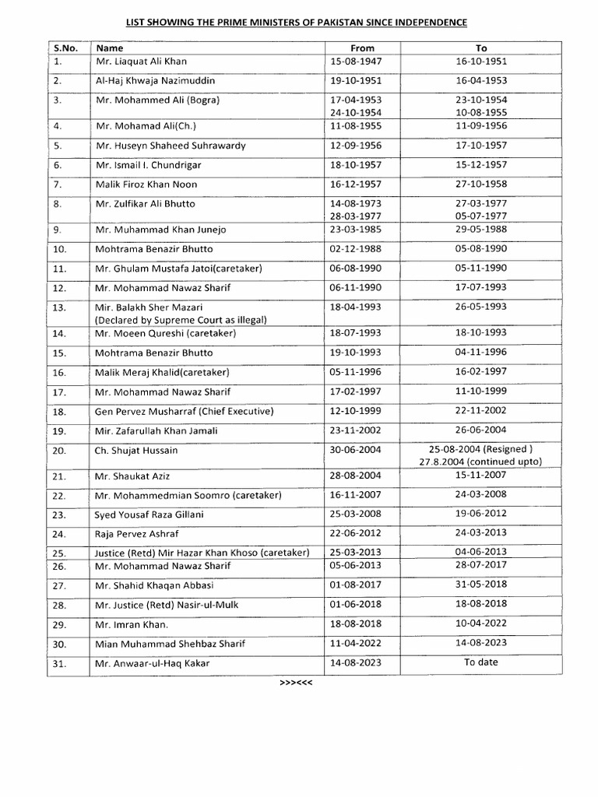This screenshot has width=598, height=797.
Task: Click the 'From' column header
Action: pos(362,47)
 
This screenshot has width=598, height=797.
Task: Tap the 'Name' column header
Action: pos(110,47)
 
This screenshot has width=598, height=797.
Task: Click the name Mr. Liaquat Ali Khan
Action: pos(141,61)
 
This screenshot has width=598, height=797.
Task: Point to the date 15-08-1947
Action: pos(356,61)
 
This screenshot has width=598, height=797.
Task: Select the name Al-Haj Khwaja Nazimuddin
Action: pos(155,81)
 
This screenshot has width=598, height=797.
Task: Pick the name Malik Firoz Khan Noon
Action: pos(146,184)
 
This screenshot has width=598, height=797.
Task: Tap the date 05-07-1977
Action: pos(481,216)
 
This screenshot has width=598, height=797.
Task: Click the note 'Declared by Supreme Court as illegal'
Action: pos(181,320)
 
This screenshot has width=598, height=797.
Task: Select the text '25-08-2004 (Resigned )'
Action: pos(481,449)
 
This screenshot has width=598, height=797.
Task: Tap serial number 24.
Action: pos(60,535)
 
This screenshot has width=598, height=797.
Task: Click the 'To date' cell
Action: pos(481,662)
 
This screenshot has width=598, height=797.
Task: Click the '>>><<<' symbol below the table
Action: pos(296,683)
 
